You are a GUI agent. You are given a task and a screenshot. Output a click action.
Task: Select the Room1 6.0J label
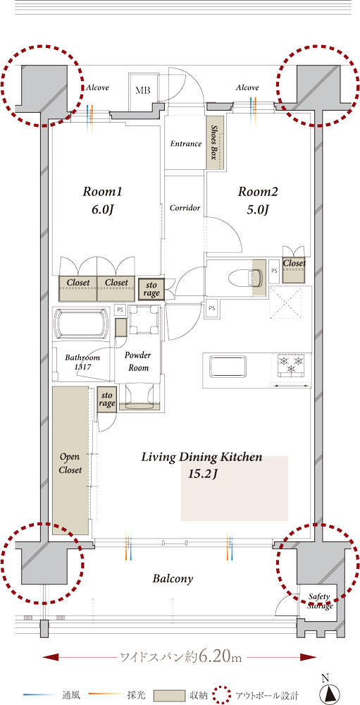[x=103, y=200]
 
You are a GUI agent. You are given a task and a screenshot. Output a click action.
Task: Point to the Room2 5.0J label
[x=258, y=200]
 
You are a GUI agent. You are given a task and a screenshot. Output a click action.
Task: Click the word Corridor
[x=185, y=208]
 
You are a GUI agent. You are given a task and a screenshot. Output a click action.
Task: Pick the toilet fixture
[x=245, y=277]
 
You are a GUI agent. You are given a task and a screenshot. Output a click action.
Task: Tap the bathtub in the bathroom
[x=81, y=324]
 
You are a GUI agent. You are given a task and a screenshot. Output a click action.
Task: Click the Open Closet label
[x=71, y=464]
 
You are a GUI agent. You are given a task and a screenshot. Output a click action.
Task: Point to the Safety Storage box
[x=321, y=602]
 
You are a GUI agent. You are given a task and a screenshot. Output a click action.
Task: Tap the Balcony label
[x=173, y=579]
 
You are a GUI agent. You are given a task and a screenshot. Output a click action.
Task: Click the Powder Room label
[x=137, y=362]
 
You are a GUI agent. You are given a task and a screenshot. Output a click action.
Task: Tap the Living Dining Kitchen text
[x=201, y=458]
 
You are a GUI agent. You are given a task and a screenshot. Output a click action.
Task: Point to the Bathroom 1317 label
[x=82, y=362]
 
